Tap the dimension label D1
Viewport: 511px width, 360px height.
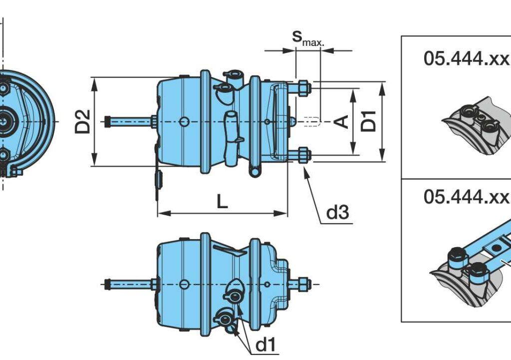[x=369, y=121]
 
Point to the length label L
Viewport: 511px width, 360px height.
[x=222, y=202]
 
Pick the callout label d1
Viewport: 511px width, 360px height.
[x=265, y=345]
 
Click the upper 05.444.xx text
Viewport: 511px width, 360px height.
[x=467, y=59]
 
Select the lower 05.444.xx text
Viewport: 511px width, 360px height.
[x=467, y=196]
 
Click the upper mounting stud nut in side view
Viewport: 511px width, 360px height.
[x=303, y=89]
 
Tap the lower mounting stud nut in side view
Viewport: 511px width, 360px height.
[x=303, y=155]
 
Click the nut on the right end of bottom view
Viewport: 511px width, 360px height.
[x=303, y=284]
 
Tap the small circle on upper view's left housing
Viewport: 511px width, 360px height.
[x=184, y=121]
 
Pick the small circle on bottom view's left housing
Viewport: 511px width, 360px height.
[x=184, y=284]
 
